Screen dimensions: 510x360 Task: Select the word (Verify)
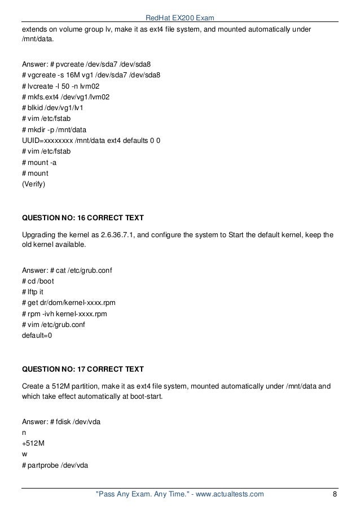[x=33, y=184]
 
